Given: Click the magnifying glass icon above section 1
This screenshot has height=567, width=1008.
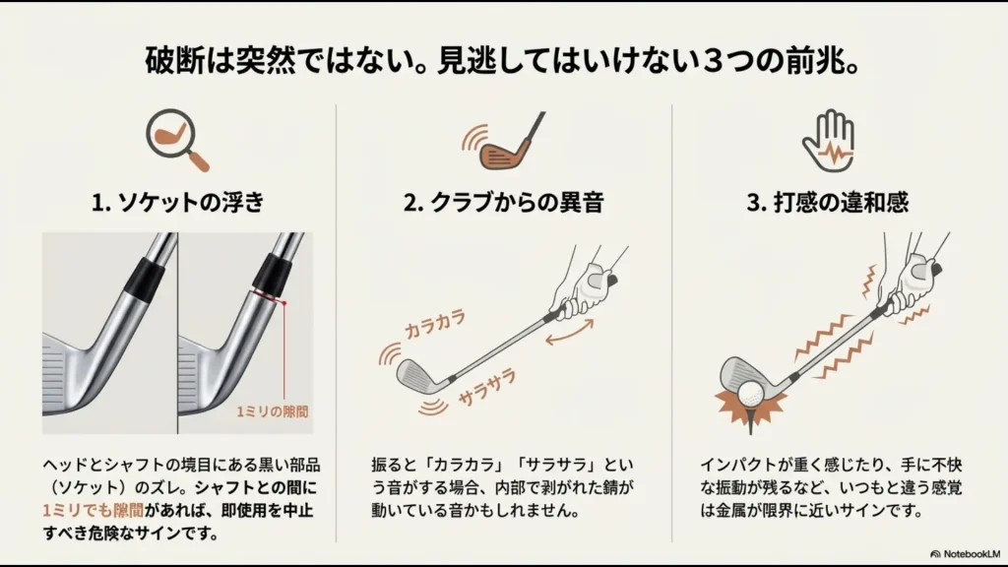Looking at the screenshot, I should pyautogui.click(x=177, y=140).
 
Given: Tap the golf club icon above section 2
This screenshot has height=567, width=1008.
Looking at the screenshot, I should pyautogui.click(x=503, y=142).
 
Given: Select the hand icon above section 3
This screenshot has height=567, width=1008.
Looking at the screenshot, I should pyautogui.click(x=827, y=140).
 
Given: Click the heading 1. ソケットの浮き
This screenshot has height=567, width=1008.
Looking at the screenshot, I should pyautogui.click(x=178, y=203).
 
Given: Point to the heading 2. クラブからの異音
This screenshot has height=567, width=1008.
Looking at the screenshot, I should pyautogui.click(x=503, y=203).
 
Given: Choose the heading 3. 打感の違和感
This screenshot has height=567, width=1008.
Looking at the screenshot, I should pyautogui.click(x=827, y=203).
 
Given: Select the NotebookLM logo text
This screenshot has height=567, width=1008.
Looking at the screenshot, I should pyautogui.click(x=968, y=554).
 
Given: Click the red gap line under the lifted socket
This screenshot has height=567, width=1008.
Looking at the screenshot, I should pyautogui.click(x=267, y=295).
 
